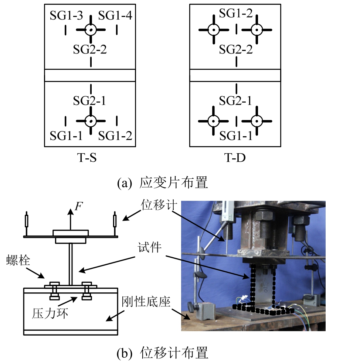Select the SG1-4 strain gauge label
click(x=115, y=16)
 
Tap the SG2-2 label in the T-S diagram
click(x=90, y=49)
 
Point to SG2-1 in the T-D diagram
click(x=236, y=100)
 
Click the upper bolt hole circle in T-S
click(x=91, y=30)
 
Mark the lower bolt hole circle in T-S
click(x=91, y=120)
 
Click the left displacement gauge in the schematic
click(x=27, y=222)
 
